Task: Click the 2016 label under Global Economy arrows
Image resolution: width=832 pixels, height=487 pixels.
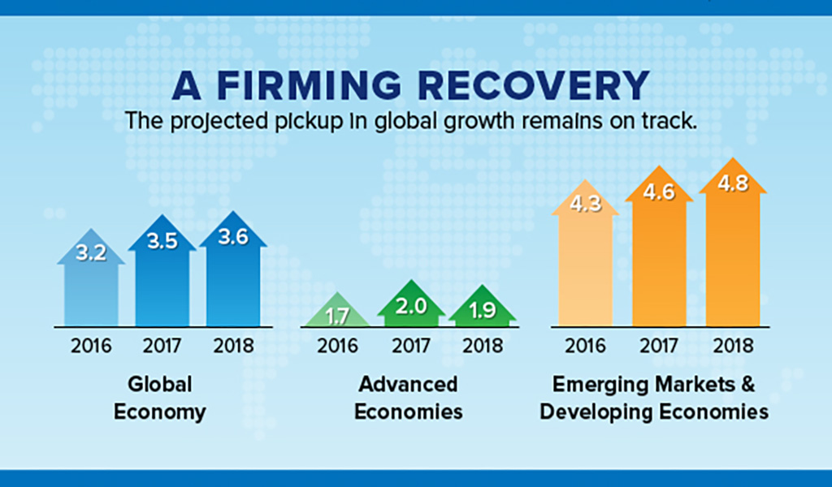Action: pyautogui.click(x=91, y=346)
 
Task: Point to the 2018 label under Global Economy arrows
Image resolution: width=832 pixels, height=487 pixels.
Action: pyautogui.click(x=233, y=346)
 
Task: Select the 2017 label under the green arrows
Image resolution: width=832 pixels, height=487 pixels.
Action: pyautogui.click(x=411, y=346)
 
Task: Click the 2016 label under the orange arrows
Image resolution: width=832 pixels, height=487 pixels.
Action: pyautogui.click(x=585, y=346)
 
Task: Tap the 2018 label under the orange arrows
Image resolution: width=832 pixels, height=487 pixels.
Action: pyautogui.click(x=733, y=346)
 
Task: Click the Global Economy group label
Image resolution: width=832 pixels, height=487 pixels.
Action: pyautogui.click(x=160, y=398)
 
